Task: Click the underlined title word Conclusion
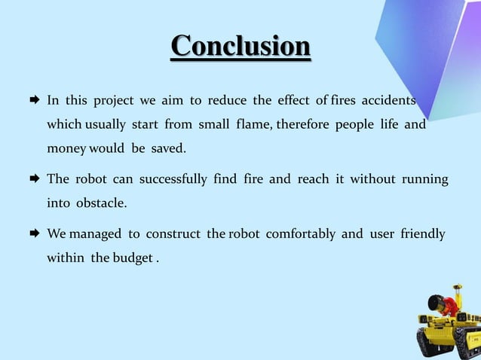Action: (240, 46)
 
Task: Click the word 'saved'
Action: (167, 148)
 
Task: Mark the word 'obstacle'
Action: (100, 203)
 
